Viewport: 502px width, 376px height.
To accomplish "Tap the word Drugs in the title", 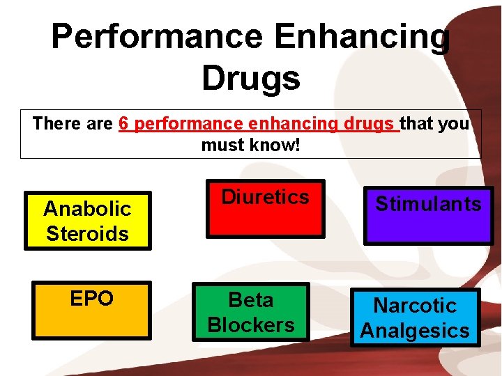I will (x=251, y=78).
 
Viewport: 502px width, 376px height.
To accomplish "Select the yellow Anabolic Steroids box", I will (x=87, y=220).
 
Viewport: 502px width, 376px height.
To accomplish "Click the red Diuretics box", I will (x=265, y=208).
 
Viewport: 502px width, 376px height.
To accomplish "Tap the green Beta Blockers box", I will (x=251, y=312).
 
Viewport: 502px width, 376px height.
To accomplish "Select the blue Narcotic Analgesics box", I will (x=416, y=317).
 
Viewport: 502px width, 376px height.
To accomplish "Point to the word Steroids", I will (x=87, y=233).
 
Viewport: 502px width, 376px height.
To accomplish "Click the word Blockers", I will (x=251, y=324).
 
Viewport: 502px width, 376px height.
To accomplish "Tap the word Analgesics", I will (x=416, y=330).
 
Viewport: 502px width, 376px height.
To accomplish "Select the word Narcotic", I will (x=416, y=305).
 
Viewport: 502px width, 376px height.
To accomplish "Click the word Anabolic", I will (x=87, y=208).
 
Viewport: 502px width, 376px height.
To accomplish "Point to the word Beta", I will (x=251, y=300).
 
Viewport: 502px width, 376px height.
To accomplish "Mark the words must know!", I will (x=251, y=146).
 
